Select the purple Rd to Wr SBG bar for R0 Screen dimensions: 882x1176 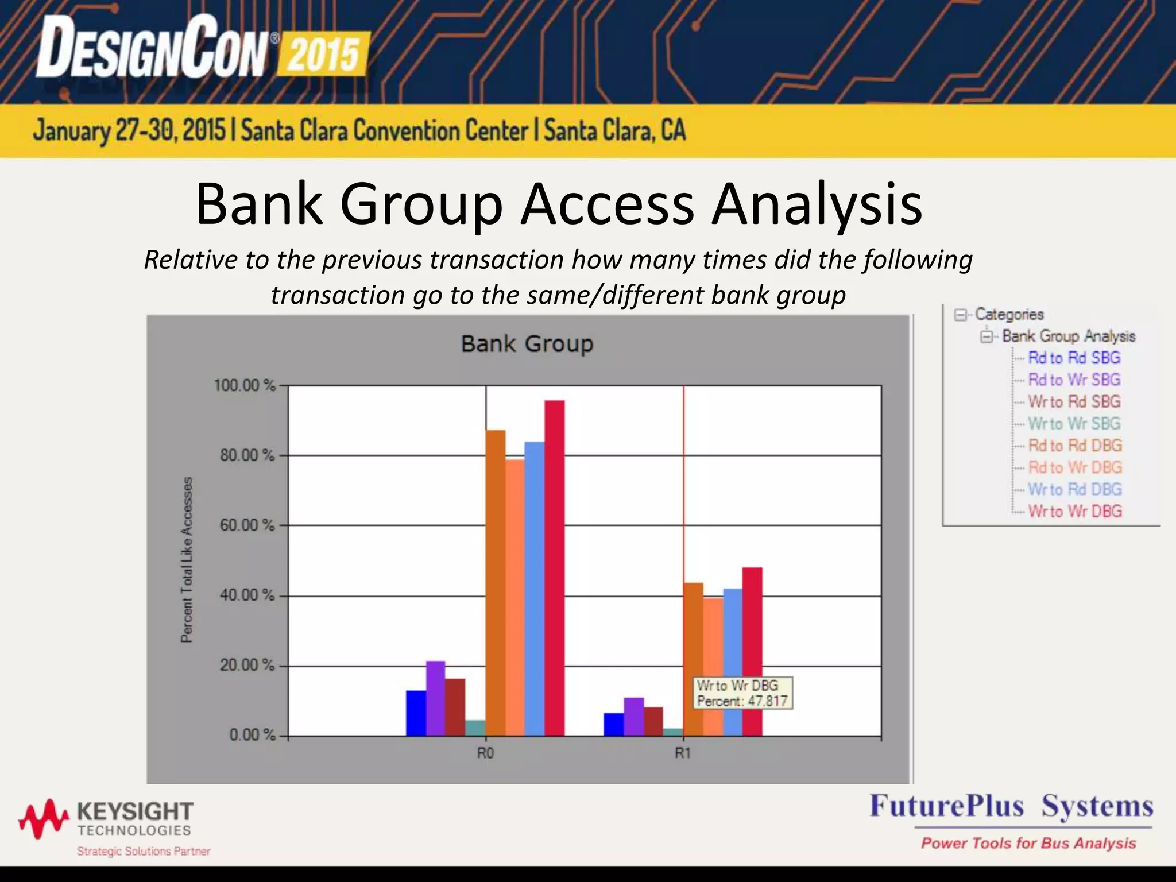pos(436,698)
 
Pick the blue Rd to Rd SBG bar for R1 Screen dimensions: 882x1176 pos(613,724)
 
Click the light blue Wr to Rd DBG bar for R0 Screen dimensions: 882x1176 pos(534,589)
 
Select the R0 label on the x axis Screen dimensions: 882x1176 pos(485,753)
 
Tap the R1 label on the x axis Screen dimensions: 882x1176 pos(683,753)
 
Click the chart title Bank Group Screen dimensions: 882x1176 pos(527,343)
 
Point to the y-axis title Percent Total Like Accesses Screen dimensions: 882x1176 pos(187,559)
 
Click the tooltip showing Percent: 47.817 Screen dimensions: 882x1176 pos(742,693)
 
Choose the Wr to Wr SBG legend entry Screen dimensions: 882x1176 pos(1074,423)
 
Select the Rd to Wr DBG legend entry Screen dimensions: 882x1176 pos(1074,467)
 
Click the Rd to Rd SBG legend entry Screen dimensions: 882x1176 pos(1074,358)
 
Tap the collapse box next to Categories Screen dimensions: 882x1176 pos(960,315)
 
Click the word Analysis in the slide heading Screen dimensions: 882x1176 pos(817,204)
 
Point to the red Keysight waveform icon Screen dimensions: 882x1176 pos(44,818)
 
